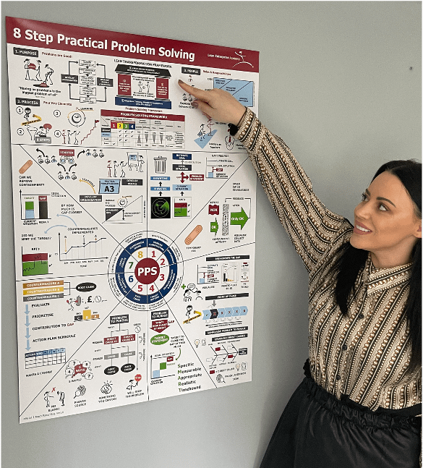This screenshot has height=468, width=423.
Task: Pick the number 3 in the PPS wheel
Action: (x=163, y=276)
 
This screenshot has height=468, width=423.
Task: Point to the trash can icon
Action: (x=161, y=164)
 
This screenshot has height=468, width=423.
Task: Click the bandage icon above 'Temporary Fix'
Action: (x=194, y=235)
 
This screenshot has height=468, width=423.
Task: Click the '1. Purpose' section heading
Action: (x=26, y=52)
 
